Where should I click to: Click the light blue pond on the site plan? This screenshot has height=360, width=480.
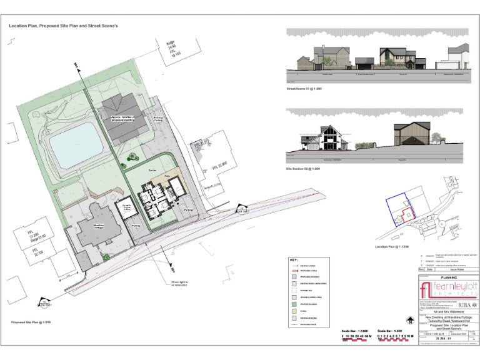pos(75,148)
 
